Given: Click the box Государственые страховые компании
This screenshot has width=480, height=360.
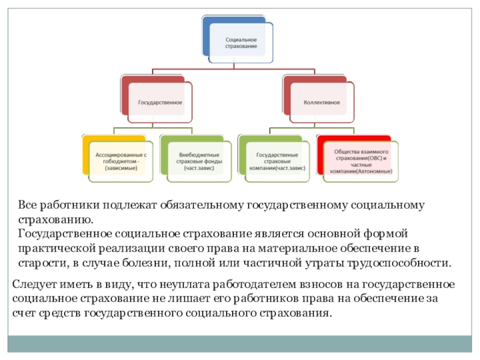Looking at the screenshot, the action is (277, 161).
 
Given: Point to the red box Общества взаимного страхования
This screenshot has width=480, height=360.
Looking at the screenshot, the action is (361, 161).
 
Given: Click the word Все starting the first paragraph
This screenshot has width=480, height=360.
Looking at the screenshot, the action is (28, 206).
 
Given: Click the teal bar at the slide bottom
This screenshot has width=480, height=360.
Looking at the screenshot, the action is (240, 344).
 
